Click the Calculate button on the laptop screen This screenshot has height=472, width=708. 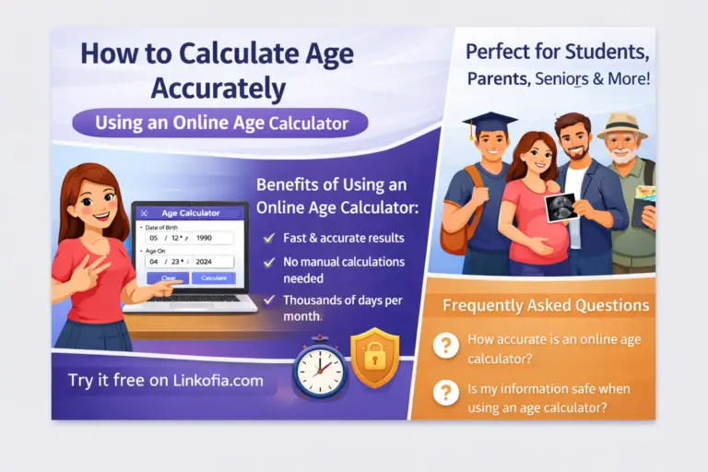pyautogui.click(x=213, y=277)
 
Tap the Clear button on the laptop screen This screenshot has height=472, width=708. pyautogui.click(x=169, y=277)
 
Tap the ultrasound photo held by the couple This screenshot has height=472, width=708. pyautogui.click(x=560, y=206)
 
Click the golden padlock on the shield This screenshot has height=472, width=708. pyautogui.click(x=374, y=359)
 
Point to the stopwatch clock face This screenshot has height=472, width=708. pyautogui.click(x=319, y=369)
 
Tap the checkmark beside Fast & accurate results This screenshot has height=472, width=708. pyautogui.click(x=269, y=238)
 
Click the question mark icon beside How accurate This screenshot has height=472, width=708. pyautogui.click(x=446, y=345)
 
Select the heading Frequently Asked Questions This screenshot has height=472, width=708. pyautogui.click(x=546, y=305)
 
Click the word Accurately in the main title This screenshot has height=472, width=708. pyautogui.click(x=217, y=88)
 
